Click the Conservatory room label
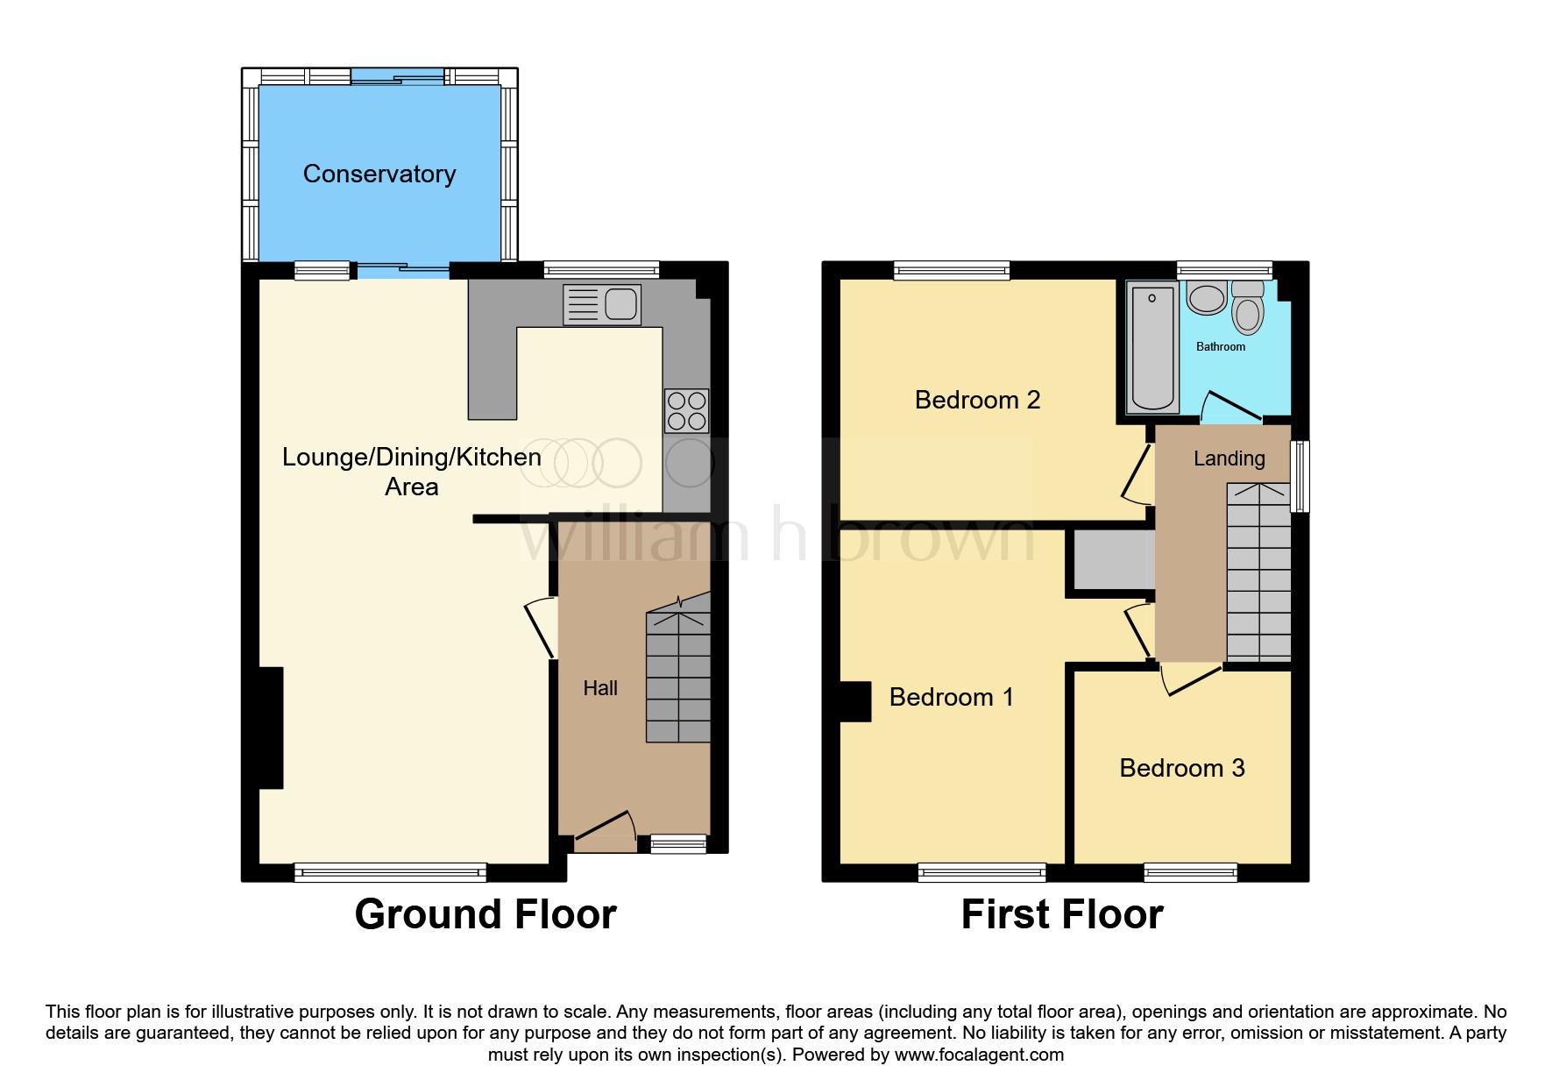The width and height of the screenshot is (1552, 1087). pyautogui.click(x=379, y=174)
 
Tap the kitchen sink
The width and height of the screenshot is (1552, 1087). pyautogui.click(x=602, y=304)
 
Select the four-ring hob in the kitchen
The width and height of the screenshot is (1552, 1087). pyautogui.click(x=686, y=411)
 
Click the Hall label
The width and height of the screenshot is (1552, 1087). pyautogui.click(x=600, y=688)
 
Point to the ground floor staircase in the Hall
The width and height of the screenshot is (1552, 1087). pyautogui.click(x=678, y=675)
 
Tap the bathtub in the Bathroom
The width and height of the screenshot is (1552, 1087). pyautogui.click(x=1152, y=348)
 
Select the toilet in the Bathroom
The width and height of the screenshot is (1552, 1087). pyautogui.click(x=1247, y=309)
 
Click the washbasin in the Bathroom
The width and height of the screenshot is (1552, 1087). pyautogui.click(x=1207, y=298)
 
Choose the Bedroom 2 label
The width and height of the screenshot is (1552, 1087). pyautogui.click(x=977, y=400)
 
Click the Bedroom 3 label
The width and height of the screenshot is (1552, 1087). pyautogui.click(x=1181, y=768)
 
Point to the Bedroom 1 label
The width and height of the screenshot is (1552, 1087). pyautogui.click(x=951, y=697)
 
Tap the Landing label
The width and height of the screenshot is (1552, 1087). pyautogui.click(x=1229, y=458)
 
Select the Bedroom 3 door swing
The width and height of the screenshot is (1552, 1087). pyautogui.click(x=1188, y=679)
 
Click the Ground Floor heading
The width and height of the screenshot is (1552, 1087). pyautogui.click(x=485, y=914)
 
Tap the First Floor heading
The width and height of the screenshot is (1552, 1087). pyautogui.click(x=1061, y=914)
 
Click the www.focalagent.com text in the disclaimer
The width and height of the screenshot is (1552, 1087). pyautogui.click(x=979, y=1055)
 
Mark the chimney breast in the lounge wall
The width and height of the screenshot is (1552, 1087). pyautogui.click(x=271, y=728)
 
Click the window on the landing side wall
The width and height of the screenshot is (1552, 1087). pyautogui.click(x=1301, y=476)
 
